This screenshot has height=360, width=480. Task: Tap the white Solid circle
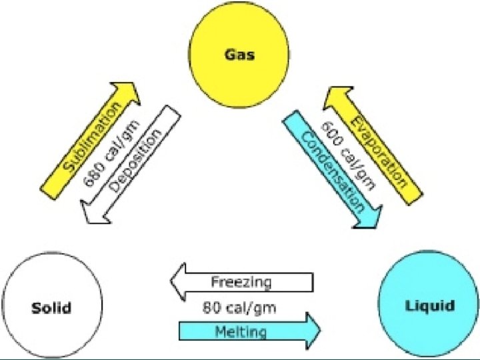click(51, 308)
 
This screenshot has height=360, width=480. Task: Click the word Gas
click(239, 55)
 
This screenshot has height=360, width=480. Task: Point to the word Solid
click(51, 308)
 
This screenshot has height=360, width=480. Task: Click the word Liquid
click(429, 306)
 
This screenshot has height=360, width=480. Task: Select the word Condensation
click(333, 171)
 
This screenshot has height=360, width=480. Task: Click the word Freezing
click(241, 282)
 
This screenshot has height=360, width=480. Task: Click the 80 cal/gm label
click(239, 307)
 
